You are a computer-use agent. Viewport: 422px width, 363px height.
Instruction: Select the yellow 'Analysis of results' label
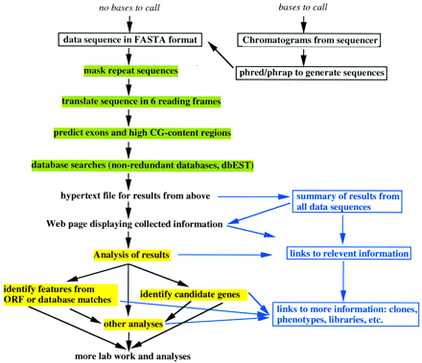[131, 255]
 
